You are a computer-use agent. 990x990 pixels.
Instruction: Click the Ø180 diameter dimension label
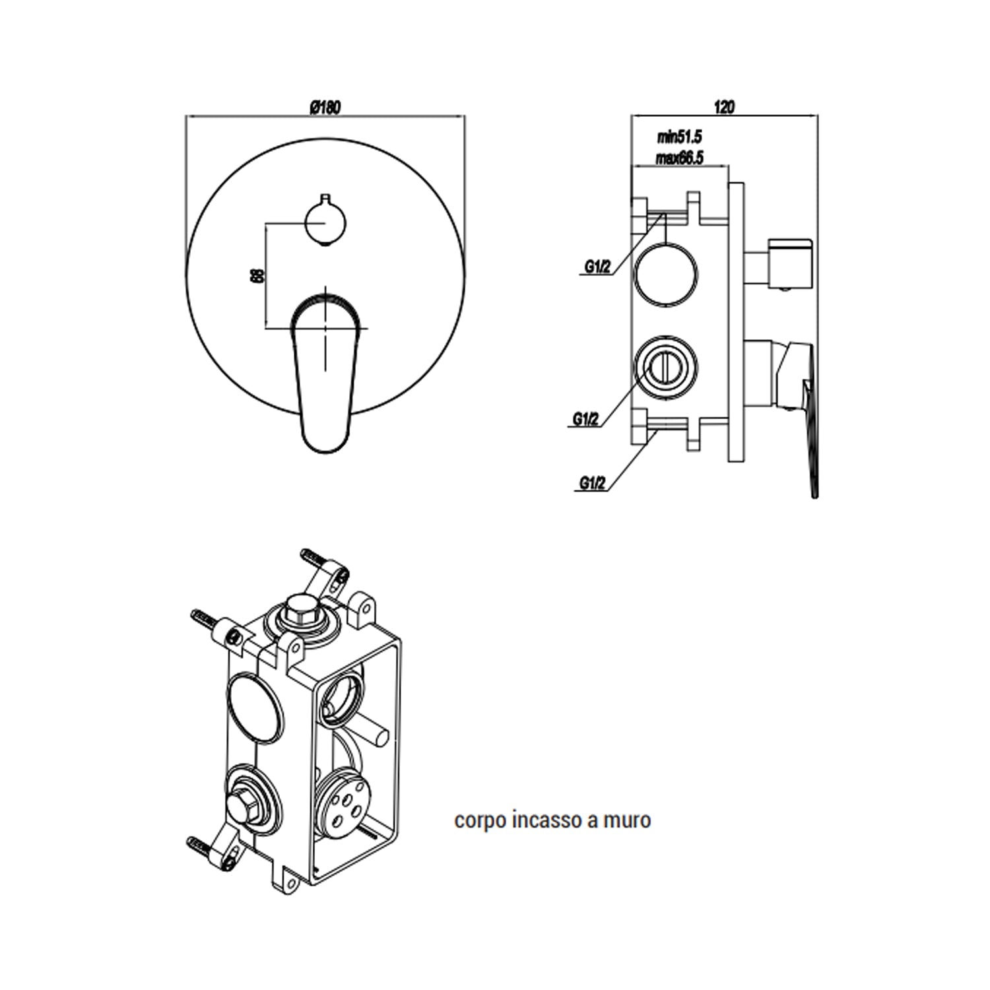[325, 108]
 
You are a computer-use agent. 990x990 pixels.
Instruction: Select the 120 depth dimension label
[724, 107]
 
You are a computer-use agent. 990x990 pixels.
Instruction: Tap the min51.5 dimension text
[679, 137]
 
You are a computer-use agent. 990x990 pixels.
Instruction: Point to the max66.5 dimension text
[679, 158]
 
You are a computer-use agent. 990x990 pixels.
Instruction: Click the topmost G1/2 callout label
[597, 267]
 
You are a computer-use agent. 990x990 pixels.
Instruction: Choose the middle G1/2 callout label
[585, 419]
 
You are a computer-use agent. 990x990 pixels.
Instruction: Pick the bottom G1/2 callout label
[592, 483]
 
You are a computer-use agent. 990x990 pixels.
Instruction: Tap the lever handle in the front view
[325, 370]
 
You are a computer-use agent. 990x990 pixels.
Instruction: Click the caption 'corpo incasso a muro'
[552, 820]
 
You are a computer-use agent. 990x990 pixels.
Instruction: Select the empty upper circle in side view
[666, 274]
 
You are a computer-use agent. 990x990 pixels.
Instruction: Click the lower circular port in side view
[666, 368]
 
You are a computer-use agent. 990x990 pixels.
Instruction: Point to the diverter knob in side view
[789, 263]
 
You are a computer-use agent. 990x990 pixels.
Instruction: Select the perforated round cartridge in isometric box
[343, 801]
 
